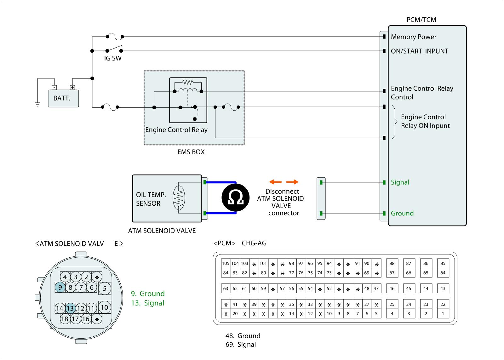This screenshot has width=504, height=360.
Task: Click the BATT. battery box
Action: tap(63, 98)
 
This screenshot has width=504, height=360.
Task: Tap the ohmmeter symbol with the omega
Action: tap(235, 198)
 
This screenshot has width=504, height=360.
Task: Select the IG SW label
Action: tap(113, 58)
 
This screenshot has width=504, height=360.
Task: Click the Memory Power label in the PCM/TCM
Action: tap(414, 37)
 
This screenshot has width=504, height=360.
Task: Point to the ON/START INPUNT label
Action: tap(419, 51)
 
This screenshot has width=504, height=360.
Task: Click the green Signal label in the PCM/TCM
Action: tap(400, 182)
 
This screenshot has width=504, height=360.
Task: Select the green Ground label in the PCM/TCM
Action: tap(402, 213)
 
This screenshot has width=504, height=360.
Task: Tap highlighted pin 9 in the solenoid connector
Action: tap(60, 287)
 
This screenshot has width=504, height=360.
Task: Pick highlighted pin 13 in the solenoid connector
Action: tap(70, 308)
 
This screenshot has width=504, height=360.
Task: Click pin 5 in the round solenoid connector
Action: tap(105, 288)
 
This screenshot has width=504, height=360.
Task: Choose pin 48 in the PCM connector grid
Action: tap(367, 288)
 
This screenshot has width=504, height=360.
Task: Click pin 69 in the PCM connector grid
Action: tap(367, 273)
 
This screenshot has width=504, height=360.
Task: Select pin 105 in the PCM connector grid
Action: tap(226, 263)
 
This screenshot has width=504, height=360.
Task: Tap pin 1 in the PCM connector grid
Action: tap(443, 313)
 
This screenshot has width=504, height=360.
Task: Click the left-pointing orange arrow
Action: tap(276, 182)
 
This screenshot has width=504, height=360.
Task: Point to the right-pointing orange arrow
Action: tap(292, 182)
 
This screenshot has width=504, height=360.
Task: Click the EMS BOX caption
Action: tap(191, 152)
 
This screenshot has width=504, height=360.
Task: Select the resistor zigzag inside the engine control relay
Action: tap(188, 83)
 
